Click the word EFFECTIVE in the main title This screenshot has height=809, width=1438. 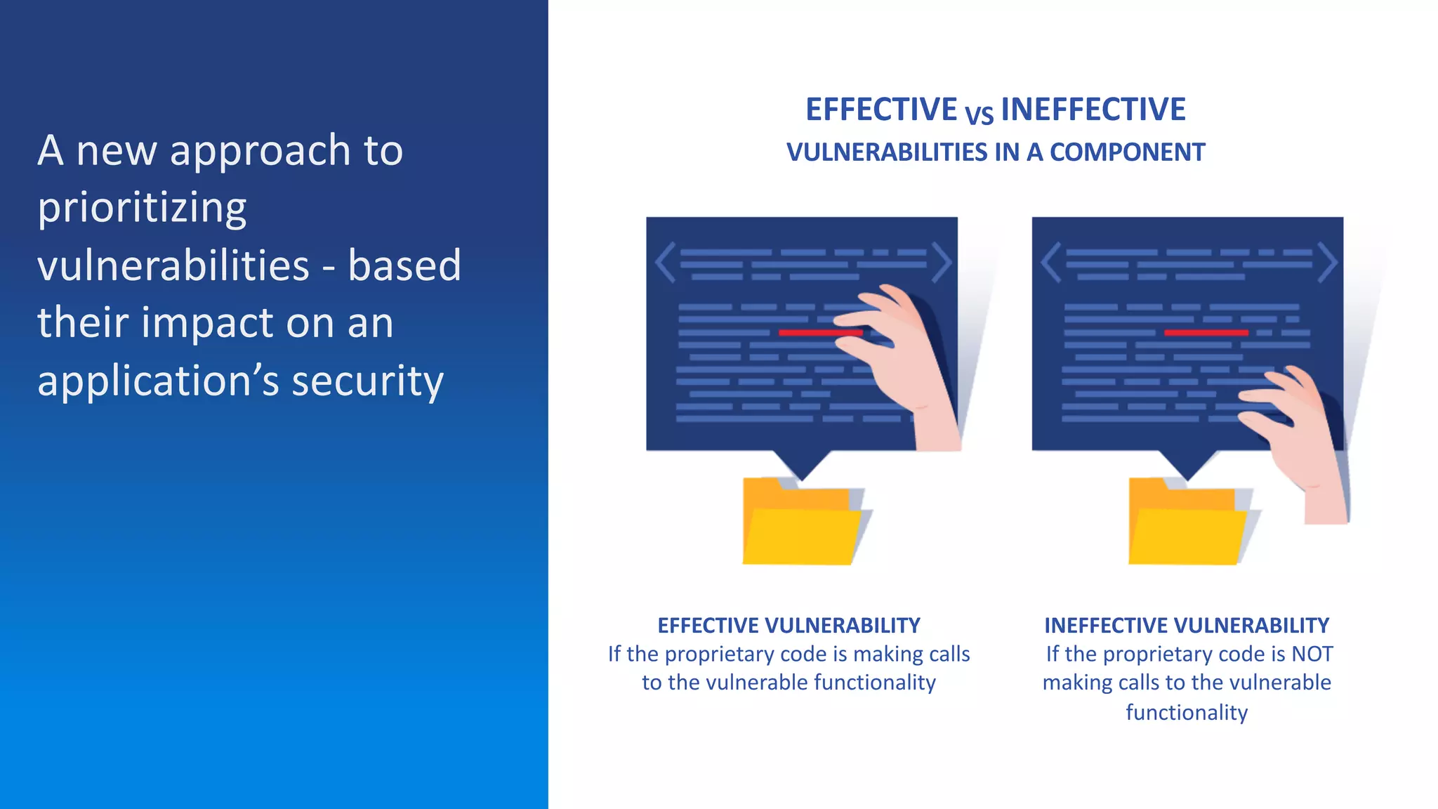point(880,110)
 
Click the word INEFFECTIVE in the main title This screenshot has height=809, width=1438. point(1093,110)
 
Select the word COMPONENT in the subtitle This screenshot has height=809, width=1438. point(1127,152)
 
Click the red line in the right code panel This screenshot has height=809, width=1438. point(1206,332)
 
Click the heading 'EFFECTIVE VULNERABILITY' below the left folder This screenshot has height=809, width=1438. point(789,625)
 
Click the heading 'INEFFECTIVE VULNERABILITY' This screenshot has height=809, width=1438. point(1187,625)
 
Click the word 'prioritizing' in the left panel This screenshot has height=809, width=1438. point(142,208)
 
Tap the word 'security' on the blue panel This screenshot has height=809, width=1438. point(367,381)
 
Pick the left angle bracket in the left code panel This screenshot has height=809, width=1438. point(664,263)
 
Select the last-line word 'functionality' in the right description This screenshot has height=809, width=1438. point(1187,712)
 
